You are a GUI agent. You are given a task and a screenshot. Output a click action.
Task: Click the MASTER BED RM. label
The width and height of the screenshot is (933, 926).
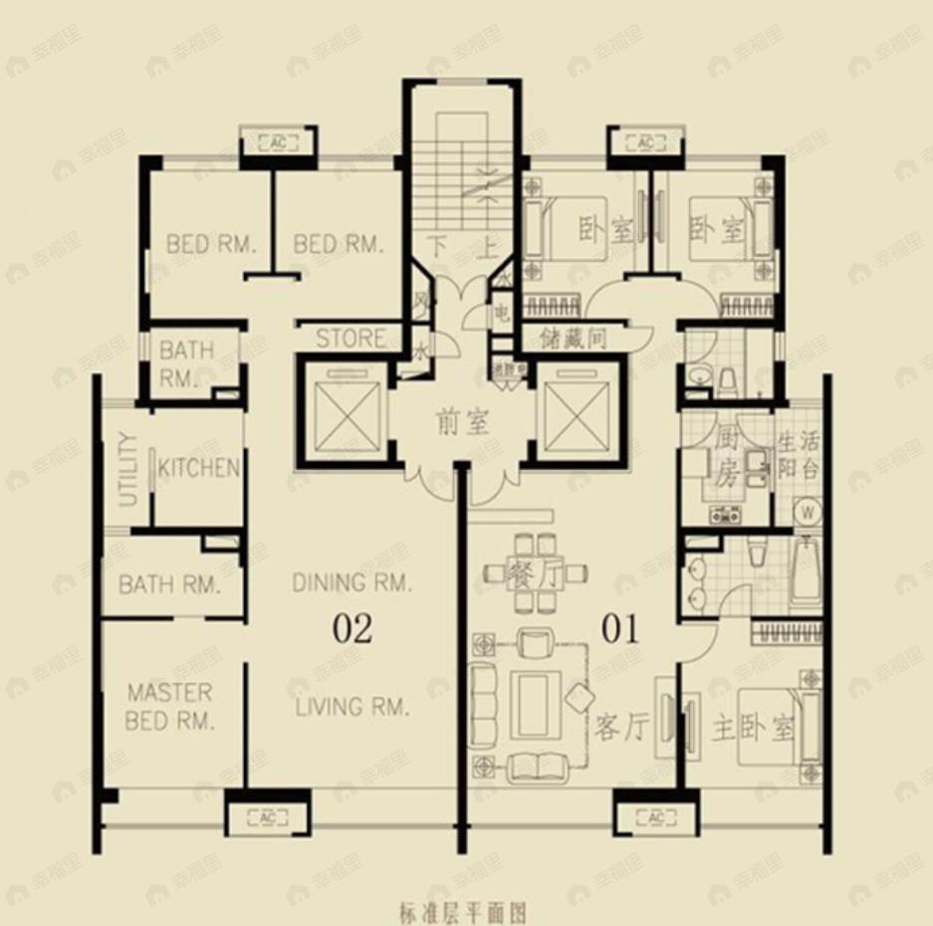169,707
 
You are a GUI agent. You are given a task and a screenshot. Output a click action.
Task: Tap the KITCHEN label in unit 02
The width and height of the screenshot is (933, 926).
199,468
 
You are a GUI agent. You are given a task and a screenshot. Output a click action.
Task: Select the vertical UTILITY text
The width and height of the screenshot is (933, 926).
128,469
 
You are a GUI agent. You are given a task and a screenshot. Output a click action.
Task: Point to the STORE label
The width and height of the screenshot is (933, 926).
350,339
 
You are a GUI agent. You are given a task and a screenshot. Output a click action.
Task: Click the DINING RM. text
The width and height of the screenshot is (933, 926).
351,583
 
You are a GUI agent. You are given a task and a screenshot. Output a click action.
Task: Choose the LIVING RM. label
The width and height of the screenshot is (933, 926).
352,707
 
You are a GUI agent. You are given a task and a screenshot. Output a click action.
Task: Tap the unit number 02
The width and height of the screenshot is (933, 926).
352,629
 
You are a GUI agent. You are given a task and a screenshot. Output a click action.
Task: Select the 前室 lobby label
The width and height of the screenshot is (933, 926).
463,422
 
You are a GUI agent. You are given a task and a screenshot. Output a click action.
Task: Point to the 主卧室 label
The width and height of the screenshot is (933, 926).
754,728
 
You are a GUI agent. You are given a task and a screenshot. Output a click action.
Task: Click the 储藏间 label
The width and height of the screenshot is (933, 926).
574,339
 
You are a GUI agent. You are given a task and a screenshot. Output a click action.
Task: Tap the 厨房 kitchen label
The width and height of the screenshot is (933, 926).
725,456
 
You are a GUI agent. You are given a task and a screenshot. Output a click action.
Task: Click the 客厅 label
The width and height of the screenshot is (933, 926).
622,728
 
